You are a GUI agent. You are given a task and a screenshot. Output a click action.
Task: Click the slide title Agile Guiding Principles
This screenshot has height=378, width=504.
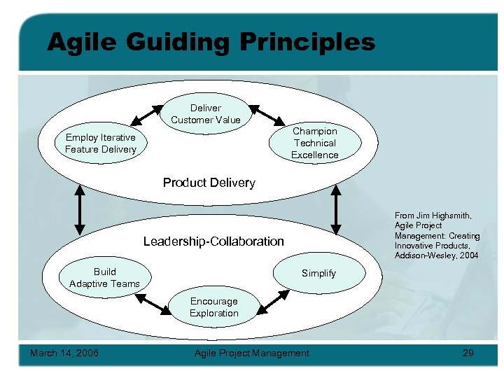tap(211, 42)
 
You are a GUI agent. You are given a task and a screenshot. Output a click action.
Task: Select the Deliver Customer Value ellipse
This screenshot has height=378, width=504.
tap(205, 114)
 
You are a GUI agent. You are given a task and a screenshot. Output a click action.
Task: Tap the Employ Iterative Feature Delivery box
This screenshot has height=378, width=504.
tap(100, 143)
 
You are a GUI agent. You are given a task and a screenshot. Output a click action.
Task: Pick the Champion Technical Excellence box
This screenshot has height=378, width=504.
tap(314, 143)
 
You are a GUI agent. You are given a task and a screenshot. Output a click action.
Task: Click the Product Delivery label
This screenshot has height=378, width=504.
tap(209, 183)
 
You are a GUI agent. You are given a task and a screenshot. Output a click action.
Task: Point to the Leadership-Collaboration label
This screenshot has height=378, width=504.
tap(213, 241)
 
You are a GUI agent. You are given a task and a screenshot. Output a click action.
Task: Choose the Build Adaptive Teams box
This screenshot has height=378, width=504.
tap(104, 277)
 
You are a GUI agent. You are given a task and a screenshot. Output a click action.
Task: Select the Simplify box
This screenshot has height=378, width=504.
tap(318, 273)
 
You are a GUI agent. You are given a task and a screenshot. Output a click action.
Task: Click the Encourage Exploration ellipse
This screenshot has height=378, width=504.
tap(213, 307)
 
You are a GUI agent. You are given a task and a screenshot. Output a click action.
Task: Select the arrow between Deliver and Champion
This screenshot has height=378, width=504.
tap(264, 115)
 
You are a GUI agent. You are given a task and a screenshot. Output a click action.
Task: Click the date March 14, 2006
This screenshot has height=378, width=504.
tap(64, 353)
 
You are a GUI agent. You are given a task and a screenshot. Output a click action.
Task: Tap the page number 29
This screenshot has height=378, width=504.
tap(468, 353)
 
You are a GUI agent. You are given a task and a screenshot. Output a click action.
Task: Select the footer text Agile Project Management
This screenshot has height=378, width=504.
tap(251, 353)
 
